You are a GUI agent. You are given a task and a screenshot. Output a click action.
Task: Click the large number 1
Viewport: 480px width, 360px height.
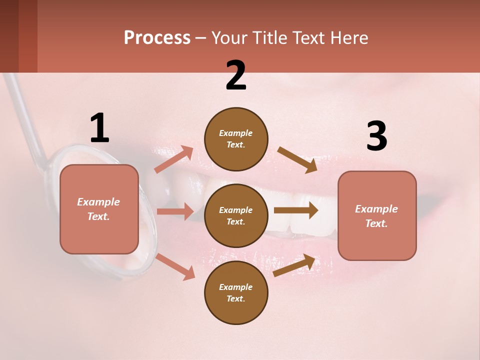[99, 128]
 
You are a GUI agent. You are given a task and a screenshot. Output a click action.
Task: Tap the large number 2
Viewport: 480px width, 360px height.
[236, 75]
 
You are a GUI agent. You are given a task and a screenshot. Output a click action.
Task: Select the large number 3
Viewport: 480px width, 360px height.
[376, 136]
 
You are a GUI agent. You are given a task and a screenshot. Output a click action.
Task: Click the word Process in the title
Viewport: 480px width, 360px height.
[157, 37]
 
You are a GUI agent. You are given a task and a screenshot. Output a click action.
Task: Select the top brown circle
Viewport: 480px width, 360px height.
[236, 139]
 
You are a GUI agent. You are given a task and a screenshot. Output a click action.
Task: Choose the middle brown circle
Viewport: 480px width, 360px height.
[236, 215]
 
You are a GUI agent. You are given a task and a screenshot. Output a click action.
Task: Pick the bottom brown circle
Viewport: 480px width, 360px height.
[236, 292]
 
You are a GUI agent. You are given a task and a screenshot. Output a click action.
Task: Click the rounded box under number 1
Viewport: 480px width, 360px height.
[99, 209]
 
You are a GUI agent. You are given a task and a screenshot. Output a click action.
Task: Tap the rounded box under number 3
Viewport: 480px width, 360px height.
[377, 216]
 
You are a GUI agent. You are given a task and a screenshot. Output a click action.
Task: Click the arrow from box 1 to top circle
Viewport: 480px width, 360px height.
[173, 159]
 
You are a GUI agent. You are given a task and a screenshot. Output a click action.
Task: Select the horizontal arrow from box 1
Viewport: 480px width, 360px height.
[174, 211]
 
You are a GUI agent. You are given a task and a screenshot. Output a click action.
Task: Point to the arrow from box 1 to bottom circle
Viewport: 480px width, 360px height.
[175, 266]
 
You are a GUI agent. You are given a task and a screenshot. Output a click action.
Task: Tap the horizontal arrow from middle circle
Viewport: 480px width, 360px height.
[295, 210]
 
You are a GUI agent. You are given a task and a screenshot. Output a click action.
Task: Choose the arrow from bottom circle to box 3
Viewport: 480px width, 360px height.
[294, 265]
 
